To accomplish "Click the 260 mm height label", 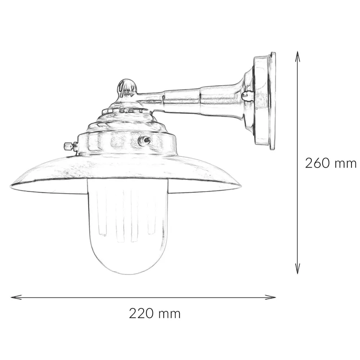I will click(331, 163).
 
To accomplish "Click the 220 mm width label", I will click(154, 314).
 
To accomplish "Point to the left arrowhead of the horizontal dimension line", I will click(14, 296).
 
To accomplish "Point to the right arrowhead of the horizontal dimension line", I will click(273, 296).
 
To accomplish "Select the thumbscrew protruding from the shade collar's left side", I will click(68, 146).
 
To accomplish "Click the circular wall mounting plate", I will click(268, 101).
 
